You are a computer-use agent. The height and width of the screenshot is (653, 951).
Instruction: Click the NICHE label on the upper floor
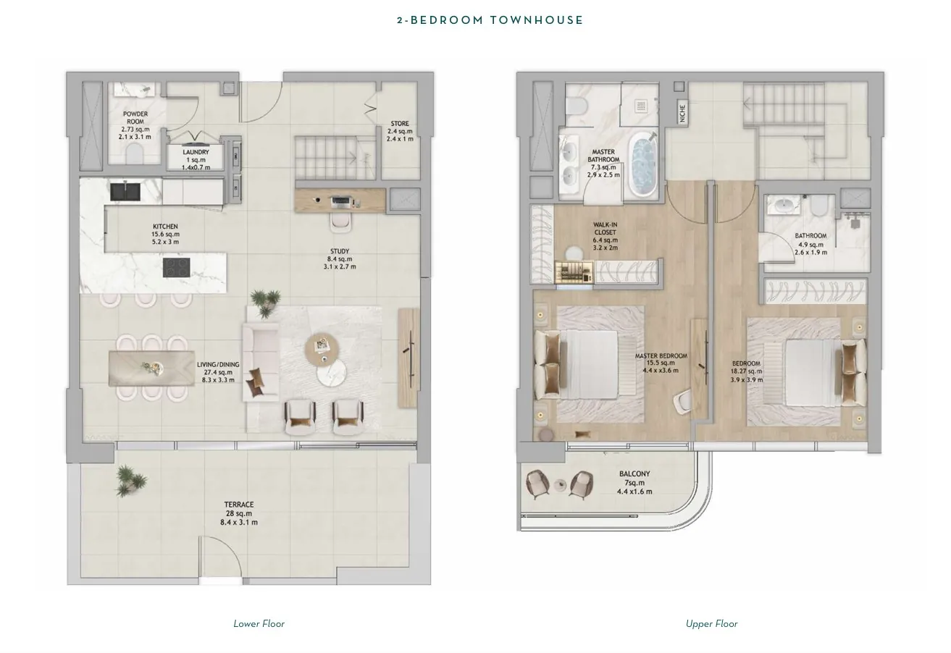(x=682, y=114)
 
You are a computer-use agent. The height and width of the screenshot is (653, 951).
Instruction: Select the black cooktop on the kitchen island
(x=177, y=267)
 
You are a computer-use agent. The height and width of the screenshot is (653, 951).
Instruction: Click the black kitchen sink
(x=125, y=191)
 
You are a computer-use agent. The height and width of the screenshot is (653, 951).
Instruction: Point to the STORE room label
(x=400, y=124)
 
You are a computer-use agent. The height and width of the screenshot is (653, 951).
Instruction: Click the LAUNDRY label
(x=196, y=152)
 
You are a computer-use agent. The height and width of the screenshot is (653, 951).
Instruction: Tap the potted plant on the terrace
(x=131, y=481)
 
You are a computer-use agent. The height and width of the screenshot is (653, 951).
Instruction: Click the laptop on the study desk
(x=342, y=201)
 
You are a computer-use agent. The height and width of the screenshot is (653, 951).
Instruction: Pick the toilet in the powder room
(x=135, y=153)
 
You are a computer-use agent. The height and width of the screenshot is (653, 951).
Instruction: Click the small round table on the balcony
(x=561, y=484)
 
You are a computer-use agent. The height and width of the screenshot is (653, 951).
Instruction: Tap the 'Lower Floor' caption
(x=259, y=624)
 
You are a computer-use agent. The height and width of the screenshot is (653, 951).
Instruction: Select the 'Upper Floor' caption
(x=712, y=624)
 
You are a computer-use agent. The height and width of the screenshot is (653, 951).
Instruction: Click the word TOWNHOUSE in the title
(x=537, y=20)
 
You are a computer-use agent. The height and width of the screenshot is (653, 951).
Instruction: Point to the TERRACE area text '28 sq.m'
(x=239, y=513)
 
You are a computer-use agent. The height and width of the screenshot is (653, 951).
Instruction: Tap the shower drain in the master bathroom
(x=641, y=106)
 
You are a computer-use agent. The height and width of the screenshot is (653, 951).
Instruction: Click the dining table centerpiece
(x=152, y=367)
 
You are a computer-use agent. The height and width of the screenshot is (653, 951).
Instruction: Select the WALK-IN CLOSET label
(x=606, y=228)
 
